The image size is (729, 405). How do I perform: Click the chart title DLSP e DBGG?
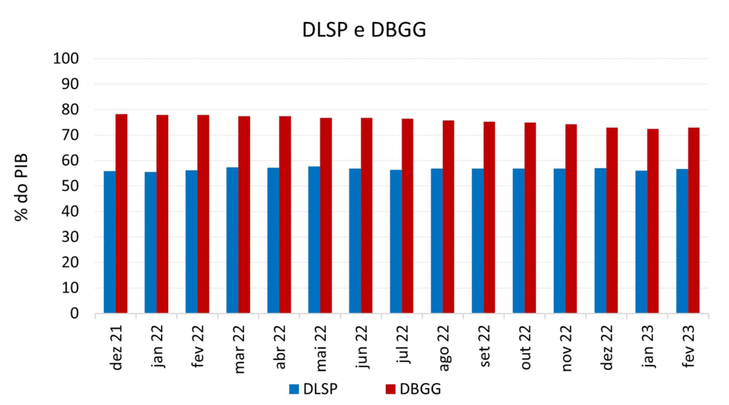point(364,29)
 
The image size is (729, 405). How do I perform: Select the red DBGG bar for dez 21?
point(121,214)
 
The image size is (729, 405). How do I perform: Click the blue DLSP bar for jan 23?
point(641,242)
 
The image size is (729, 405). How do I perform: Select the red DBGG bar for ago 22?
point(449,217)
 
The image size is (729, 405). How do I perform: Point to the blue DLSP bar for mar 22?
point(232,240)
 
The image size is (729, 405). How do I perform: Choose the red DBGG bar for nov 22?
point(571,219)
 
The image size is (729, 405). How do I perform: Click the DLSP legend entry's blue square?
point(294,389)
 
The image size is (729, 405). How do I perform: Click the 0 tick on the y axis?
point(73,314)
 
